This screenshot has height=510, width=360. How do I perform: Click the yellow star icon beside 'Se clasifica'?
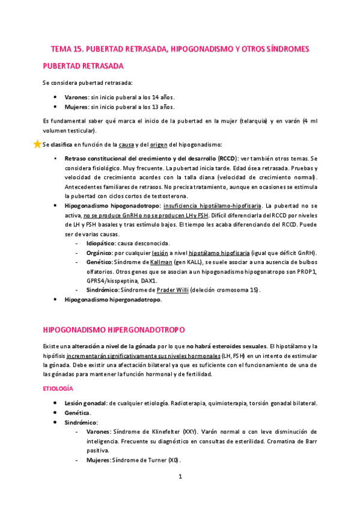(x=37, y=144)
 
